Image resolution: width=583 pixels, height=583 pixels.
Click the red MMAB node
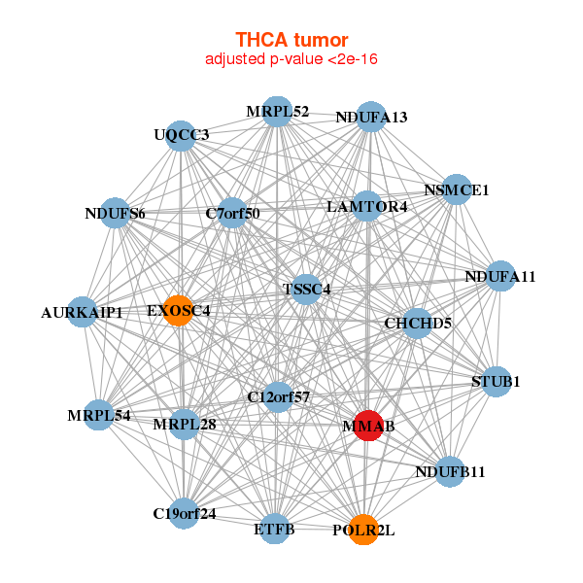[x=366, y=425]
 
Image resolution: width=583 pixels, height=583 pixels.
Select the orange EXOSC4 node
[x=178, y=310]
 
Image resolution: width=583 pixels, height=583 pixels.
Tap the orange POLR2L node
[x=362, y=530]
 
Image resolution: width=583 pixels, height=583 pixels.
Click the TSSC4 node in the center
[x=306, y=289]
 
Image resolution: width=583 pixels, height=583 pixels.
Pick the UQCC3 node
[x=181, y=134]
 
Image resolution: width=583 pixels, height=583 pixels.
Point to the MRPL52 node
[x=277, y=111]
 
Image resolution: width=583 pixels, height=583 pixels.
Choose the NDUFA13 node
[x=370, y=117]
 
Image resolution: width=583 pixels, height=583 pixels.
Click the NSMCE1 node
[x=457, y=189]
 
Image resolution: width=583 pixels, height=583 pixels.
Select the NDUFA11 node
[x=500, y=276]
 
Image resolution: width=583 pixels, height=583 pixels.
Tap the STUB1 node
[x=496, y=381]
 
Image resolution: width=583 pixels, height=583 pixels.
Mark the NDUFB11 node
[x=449, y=471]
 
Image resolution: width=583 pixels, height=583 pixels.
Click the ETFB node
[x=274, y=529]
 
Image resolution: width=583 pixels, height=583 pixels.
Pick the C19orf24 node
[x=184, y=512]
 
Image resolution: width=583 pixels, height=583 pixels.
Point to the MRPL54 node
[x=99, y=415]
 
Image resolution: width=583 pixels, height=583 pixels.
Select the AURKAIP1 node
[x=83, y=312]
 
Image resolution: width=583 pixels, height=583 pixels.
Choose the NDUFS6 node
[x=115, y=213]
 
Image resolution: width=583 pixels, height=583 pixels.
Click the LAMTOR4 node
[x=366, y=206]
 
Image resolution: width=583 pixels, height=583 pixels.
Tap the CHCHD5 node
[x=417, y=323]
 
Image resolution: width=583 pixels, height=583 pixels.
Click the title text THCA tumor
[x=291, y=40]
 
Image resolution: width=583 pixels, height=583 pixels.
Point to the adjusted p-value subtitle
[x=291, y=59]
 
